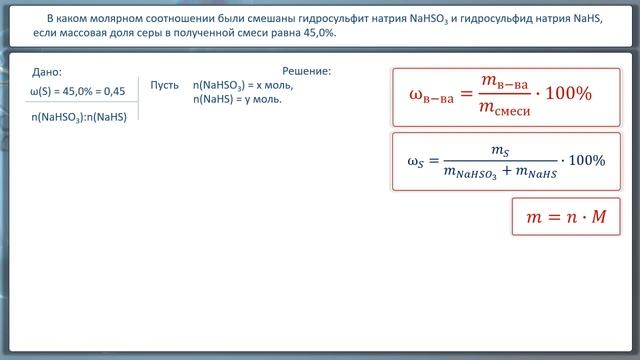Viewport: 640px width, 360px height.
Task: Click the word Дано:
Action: point(47,72)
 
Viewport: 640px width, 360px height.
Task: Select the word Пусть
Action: point(164,86)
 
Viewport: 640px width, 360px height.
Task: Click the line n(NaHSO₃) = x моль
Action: point(243,86)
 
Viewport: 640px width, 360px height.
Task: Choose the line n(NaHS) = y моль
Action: point(237,100)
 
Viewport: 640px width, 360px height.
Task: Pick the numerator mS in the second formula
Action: point(500,148)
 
